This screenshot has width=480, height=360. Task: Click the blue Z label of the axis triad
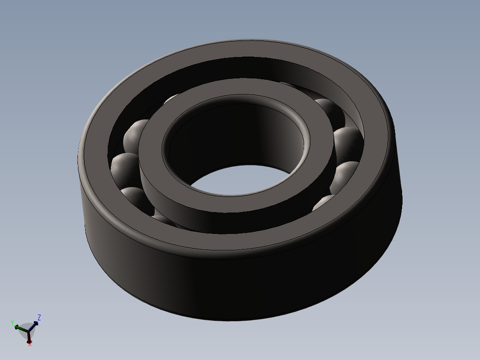39,317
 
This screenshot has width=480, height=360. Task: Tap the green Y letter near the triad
12,323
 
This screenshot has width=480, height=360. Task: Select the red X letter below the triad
30,344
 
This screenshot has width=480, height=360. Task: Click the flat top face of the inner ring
236,209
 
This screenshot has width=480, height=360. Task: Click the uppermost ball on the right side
329,109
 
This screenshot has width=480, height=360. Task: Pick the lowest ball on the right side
323,203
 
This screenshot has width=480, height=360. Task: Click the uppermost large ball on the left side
136,134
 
